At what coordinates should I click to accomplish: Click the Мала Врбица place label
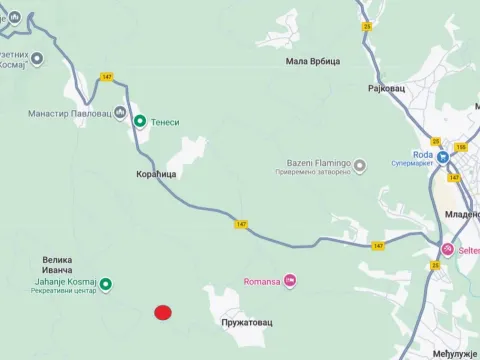point(314,61)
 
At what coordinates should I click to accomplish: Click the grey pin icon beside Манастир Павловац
point(121,112)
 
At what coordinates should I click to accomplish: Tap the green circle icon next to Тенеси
point(141,121)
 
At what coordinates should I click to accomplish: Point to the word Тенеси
point(166,121)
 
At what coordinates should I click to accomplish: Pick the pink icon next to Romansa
point(290,280)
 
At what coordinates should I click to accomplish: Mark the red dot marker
point(163,313)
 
